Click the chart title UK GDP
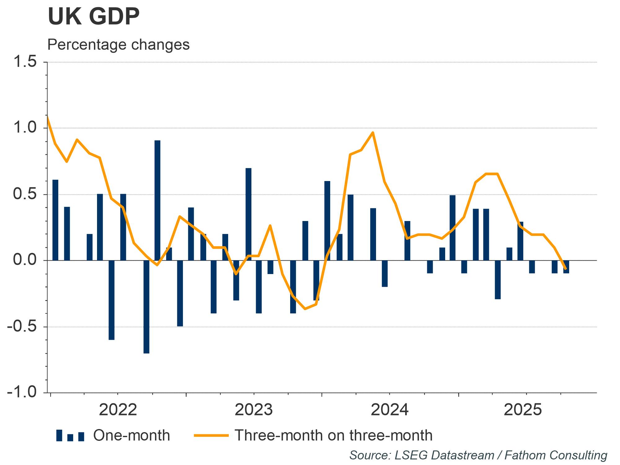pyautogui.click(x=94, y=17)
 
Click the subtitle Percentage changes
pyautogui.click(x=118, y=45)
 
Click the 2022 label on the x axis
pyautogui.click(x=118, y=410)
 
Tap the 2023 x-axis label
pyautogui.click(x=254, y=410)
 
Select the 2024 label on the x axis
pyautogui.click(x=390, y=410)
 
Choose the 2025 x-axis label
pyautogui.click(x=523, y=410)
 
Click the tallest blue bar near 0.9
pyautogui.click(x=157, y=200)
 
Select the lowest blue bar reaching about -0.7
pyautogui.click(x=146, y=307)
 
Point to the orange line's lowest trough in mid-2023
pyautogui.click(x=305, y=309)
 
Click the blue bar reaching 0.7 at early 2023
pyautogui.click(x=248, y=214)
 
